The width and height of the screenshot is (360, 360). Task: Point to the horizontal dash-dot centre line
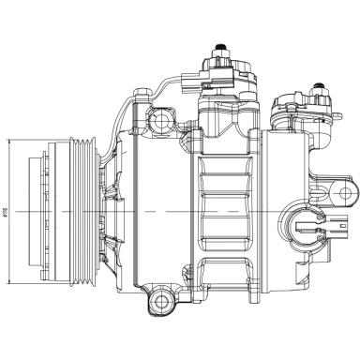point(187,212)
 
